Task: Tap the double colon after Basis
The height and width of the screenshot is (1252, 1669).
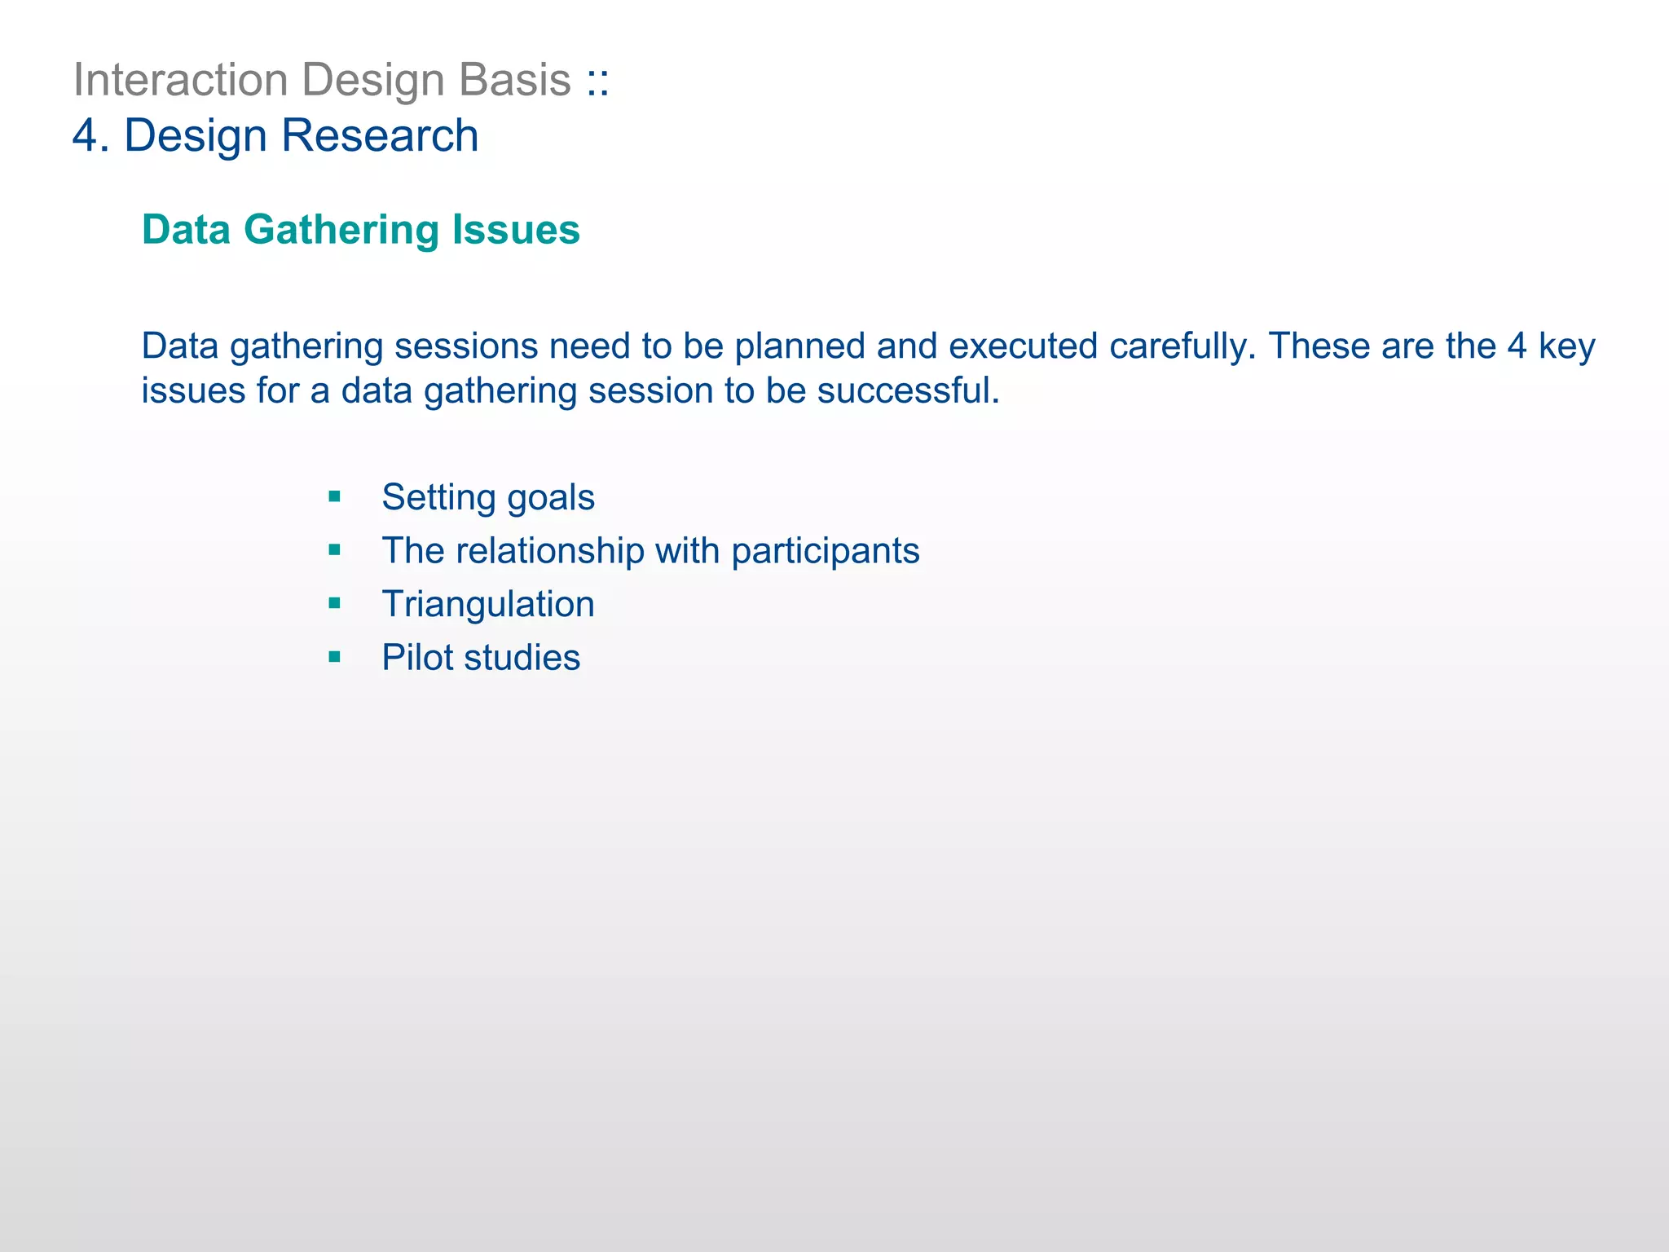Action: (597, 82)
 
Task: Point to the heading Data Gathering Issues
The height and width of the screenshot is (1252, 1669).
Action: (360, 230)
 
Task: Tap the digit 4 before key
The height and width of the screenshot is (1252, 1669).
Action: (1516, 346)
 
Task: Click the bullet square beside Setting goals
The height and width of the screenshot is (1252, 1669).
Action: (334, 496)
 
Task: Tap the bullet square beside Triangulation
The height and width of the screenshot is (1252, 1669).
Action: (334, 603)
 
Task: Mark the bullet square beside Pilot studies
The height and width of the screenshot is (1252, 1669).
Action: (334, 657)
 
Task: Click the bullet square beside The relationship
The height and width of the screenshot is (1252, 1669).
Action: (334, 550)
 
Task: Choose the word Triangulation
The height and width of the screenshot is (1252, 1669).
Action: (487, 604)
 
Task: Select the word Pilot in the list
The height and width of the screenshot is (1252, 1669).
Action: (416, 657)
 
